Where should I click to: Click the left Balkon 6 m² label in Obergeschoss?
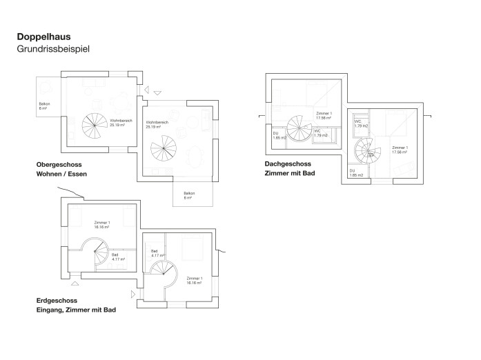44,106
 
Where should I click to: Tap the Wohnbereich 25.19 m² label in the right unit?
158,125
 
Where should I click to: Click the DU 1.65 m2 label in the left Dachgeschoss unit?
279,135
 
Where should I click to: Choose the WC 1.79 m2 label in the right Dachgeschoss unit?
361,124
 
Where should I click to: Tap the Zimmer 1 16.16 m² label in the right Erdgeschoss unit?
194,280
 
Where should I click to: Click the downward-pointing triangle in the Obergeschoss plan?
157,93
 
